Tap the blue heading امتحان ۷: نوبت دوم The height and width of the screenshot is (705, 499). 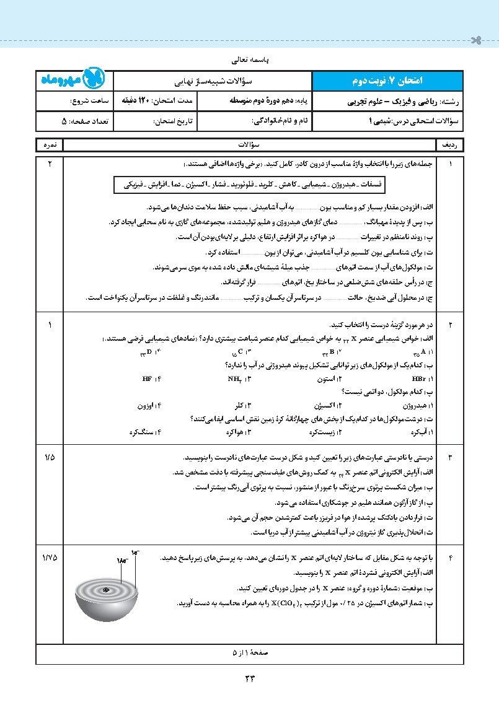[404, 81]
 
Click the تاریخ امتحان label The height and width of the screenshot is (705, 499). [173, 121]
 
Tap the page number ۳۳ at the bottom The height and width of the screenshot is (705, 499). [250, 677]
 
